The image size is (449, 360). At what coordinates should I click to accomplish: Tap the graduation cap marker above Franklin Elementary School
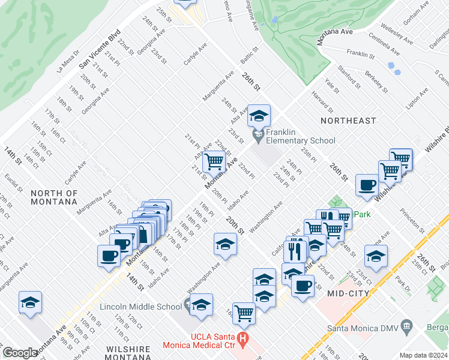[x=259, y=116]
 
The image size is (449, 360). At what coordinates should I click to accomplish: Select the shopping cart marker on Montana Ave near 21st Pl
[x=214, y=161]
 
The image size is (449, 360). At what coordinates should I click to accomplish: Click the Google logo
[x=20, y=353]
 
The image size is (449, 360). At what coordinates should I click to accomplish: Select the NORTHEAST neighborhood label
[x=348, y=121]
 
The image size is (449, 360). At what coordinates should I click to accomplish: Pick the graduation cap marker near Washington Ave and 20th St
[x=225, y=244]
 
